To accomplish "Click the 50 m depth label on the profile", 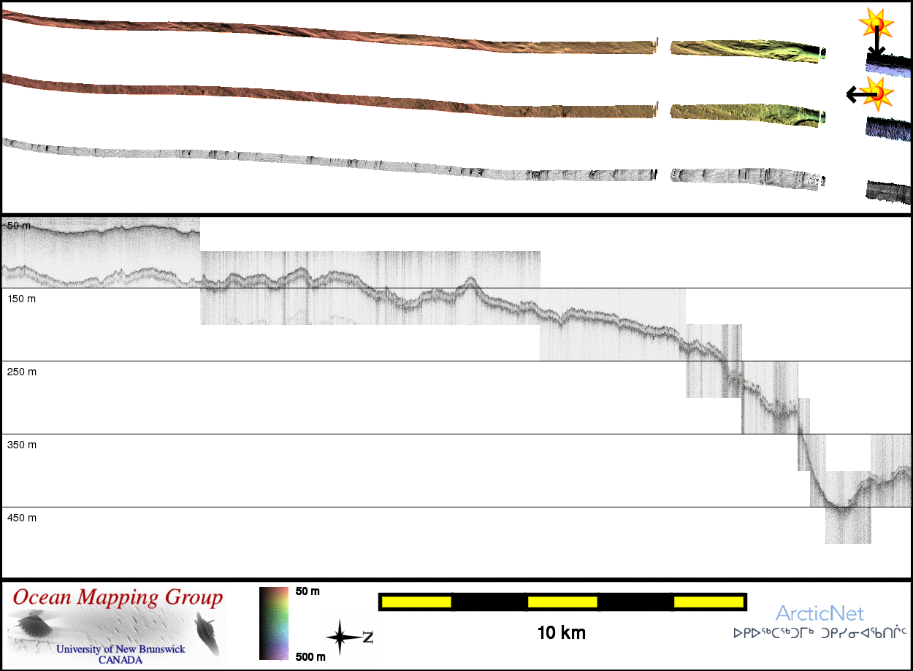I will coord(19,226).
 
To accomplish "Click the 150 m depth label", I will coord(21,299).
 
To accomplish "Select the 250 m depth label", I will coord(21,372).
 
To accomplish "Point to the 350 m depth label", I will coord(21,445).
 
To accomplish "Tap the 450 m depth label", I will coord(21,518).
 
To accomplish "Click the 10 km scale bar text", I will coord(561,632).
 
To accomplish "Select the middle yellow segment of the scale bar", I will coord(562,602).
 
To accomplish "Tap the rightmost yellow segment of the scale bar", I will coord(708,602).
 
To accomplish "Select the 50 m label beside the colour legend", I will coord(307,591).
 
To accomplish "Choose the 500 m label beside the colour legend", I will coord(309,656).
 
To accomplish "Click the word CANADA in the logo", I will coord(121,659).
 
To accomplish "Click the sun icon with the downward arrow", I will coord(877,26).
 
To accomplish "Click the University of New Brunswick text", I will coord(121,649).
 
